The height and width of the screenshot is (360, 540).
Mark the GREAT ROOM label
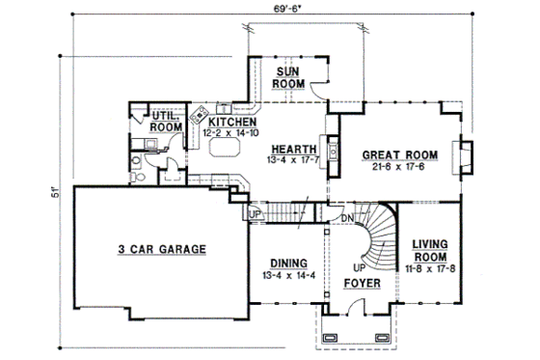pos(400,154)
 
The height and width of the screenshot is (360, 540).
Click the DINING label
pos(287,263)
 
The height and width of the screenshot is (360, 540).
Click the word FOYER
pos(362,284)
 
